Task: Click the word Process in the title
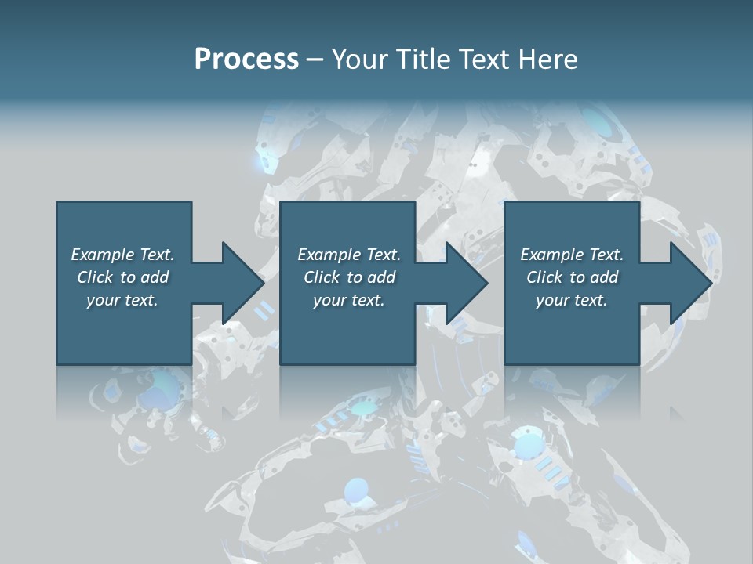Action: tap(246, 60)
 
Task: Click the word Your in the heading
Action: tap(360, 60)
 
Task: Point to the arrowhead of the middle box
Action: tap(467, 283)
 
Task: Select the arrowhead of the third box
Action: tap(690, 283)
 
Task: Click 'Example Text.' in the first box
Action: tap(122, 255)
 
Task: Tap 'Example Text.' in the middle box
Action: tap(349, 255)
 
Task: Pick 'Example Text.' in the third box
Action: tap(572, 255)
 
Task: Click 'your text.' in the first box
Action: tap(122, 300)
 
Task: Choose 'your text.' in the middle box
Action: tap(349, 300)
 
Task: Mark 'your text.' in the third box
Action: tap(572, 300)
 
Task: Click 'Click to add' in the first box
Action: tap(122, 277)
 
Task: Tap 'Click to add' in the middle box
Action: tap(349, 277)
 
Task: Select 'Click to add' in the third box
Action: tap(572, 277)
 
